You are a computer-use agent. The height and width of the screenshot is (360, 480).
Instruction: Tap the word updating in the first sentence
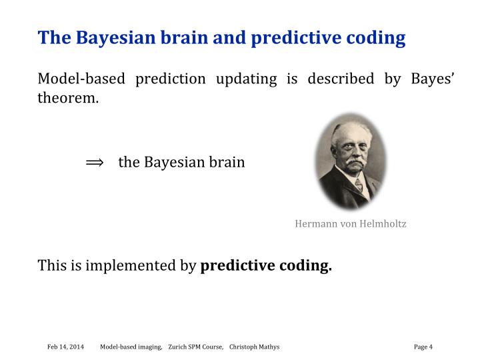coord(246,79)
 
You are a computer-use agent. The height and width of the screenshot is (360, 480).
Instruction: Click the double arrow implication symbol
coord(95,162)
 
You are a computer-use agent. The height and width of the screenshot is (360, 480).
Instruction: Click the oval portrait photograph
coord(351,161)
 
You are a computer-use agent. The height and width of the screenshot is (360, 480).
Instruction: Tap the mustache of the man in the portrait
coord(349,163)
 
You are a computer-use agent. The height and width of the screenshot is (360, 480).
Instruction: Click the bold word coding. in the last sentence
coord(307,266)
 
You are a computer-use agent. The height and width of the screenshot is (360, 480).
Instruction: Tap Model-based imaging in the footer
coord(131,347)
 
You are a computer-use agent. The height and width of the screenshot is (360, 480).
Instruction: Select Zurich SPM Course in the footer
coord(195,347)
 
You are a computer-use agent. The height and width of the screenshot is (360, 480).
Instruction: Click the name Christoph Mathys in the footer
coord(254,347)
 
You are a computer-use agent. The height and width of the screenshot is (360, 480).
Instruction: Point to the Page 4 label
coord(423,347)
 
